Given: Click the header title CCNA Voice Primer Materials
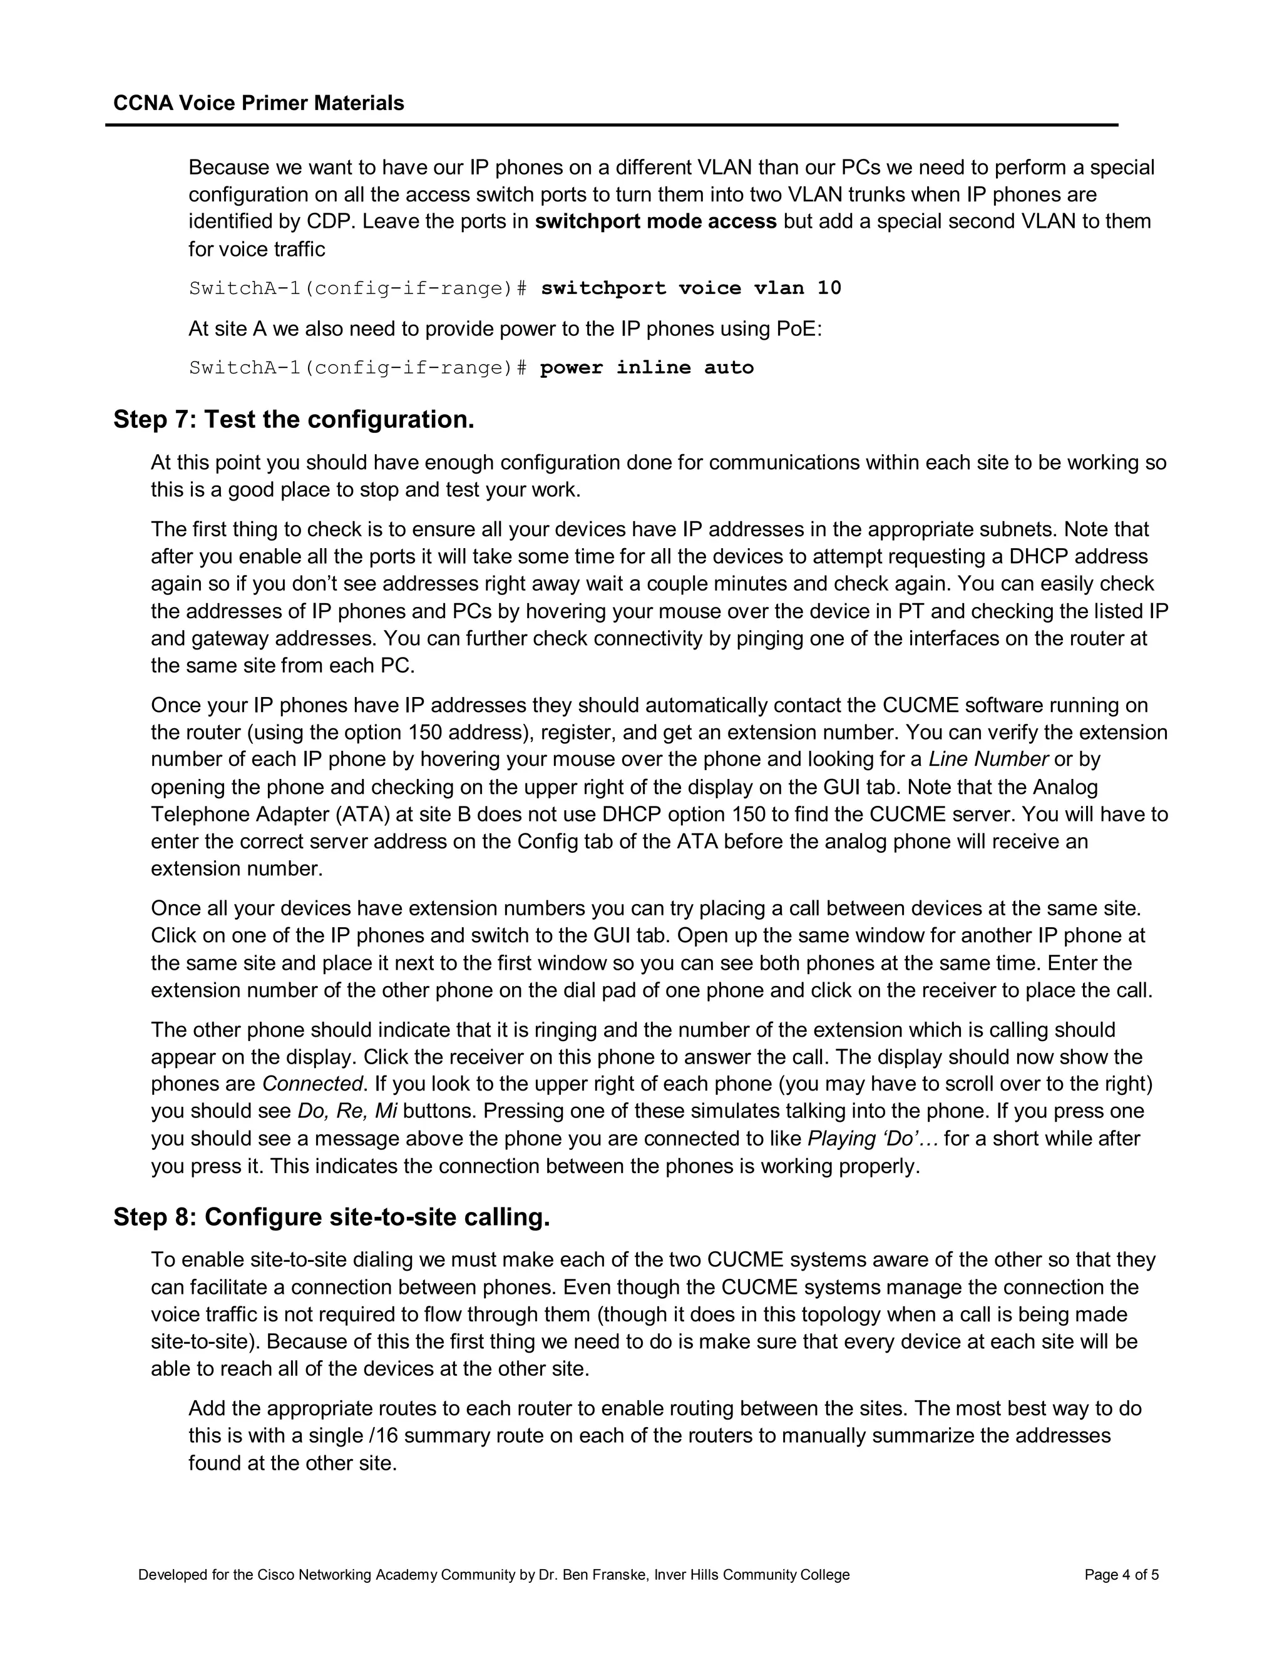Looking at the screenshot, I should pyautogui.click(x=259, y=103).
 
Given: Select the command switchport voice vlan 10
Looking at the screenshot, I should pyautogui.click(x=690, y=288).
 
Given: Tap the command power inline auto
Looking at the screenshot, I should pyautogui.click(x=646, y=368).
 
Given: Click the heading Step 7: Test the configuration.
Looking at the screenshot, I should pyautogui.click(x=294, y=419).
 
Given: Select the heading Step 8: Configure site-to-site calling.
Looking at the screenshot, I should pyautogui.click(x=332, y=1217).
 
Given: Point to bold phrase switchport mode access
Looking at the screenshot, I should pyautogui.click(x=655, y=221).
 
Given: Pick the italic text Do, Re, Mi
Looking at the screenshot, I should pyautogui.click(x=347, y=1111).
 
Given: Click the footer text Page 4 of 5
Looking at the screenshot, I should pyautogui.click(x=1121, y=1575).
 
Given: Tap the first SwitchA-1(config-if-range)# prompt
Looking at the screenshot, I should pyautogui.click(x=357, y=288).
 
